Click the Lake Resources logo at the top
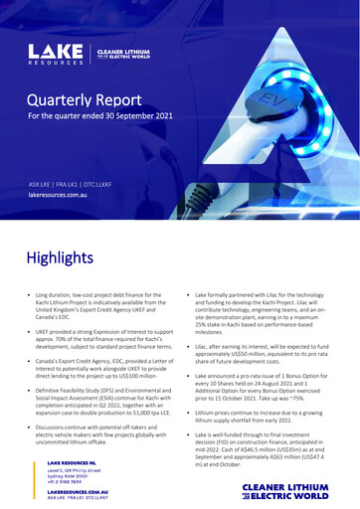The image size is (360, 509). pos(56,53)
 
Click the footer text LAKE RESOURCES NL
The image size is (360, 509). pos(75,462)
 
